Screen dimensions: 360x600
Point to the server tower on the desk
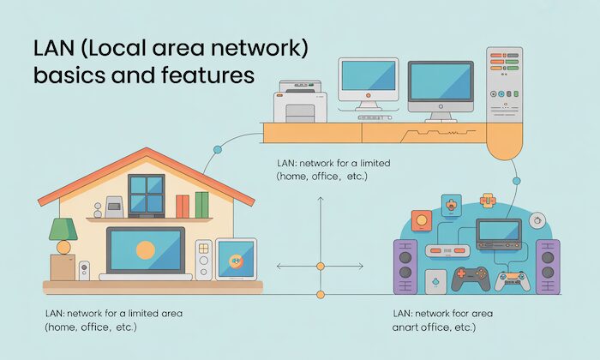click(x=506, y=82)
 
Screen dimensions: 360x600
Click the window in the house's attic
click(x=147, y=193)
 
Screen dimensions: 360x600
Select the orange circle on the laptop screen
click(x=145, y=249)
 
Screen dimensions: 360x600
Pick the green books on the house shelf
click(x=201, y=204)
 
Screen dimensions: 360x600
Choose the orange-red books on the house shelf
click(x=182, y=206)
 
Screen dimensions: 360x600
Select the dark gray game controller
click(x=470, y=279)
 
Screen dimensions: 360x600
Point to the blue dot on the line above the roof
click(x=218, y=149)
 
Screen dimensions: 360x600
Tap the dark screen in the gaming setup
click(x=498, y=231)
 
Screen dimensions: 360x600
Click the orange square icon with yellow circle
click(x=419, y=219)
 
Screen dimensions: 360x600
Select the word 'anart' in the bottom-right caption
click(x=409, y=327)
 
